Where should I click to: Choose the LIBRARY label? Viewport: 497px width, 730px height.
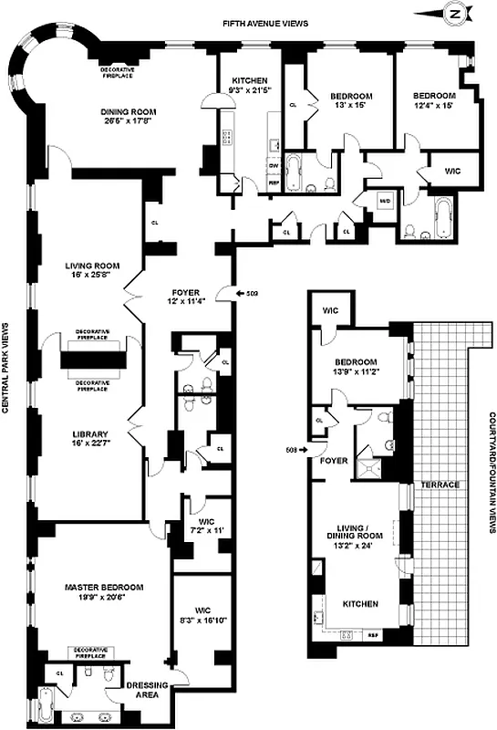coord(90,433)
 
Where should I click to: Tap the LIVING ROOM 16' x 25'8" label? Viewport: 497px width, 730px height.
coord(88,271)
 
